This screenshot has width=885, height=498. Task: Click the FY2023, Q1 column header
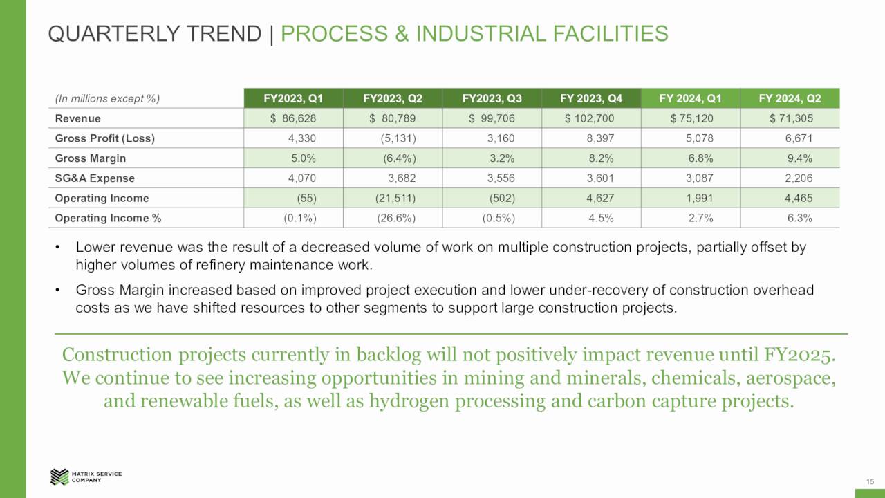[293, 98]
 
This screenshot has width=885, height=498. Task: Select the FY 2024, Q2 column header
[790, 98]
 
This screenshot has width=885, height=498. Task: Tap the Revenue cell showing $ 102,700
[589, 118]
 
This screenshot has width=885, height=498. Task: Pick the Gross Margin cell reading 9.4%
[799, 158]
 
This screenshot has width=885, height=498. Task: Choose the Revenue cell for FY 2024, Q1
[691, 118]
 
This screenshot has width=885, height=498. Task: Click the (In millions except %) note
[107, 98]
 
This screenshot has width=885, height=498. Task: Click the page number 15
[870, 481]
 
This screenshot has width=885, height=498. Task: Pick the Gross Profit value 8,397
[599, 138]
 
